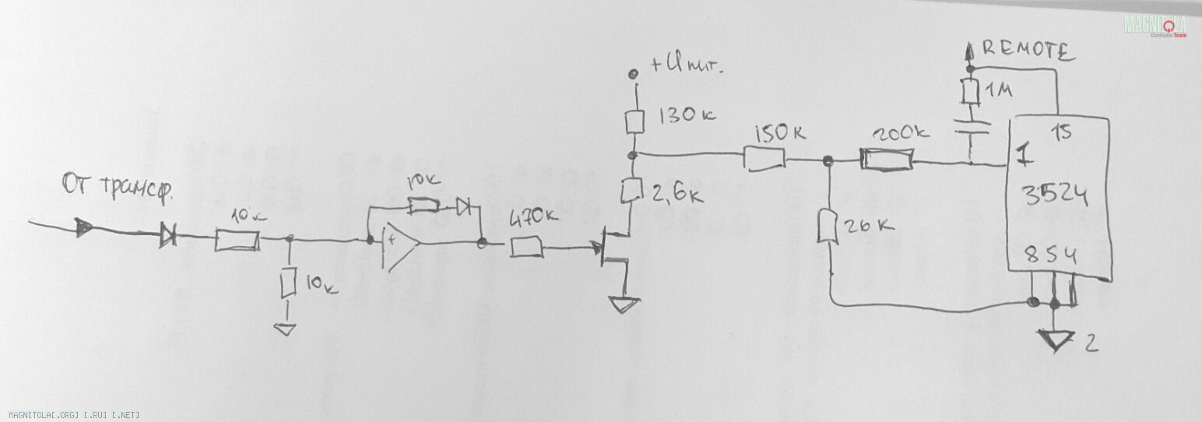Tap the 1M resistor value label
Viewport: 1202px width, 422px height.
pyautogui.click(x=999, y=93)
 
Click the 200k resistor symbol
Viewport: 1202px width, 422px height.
pyautogui.click(x=885, y=161)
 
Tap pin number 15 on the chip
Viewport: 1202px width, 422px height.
pyautogui.click(x=1062, y=132)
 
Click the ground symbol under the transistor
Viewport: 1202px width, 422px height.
pyautogui.click(x=624, y=304)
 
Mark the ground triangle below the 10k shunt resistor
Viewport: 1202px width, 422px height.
pyautogui.click(x=286, y=328)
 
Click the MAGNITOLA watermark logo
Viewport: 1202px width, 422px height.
pyautogui.click(x=1155, y=26)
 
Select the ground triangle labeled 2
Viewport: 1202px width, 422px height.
pyautogui.click(x=1056, y=339)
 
